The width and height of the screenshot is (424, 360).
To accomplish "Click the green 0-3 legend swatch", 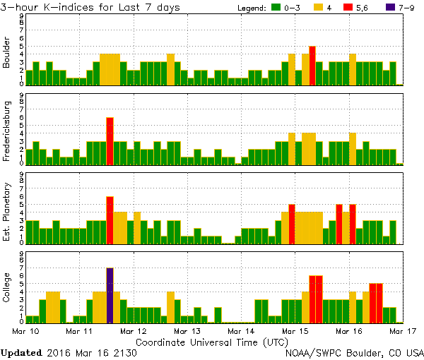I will point(276,8).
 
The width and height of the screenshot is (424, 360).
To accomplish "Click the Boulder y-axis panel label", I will point(7,53).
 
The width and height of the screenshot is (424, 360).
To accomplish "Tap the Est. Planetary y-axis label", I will point(7,211).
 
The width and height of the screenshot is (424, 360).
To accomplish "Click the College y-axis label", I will point(7,290).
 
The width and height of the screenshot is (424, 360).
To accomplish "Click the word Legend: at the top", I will point(251,8).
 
